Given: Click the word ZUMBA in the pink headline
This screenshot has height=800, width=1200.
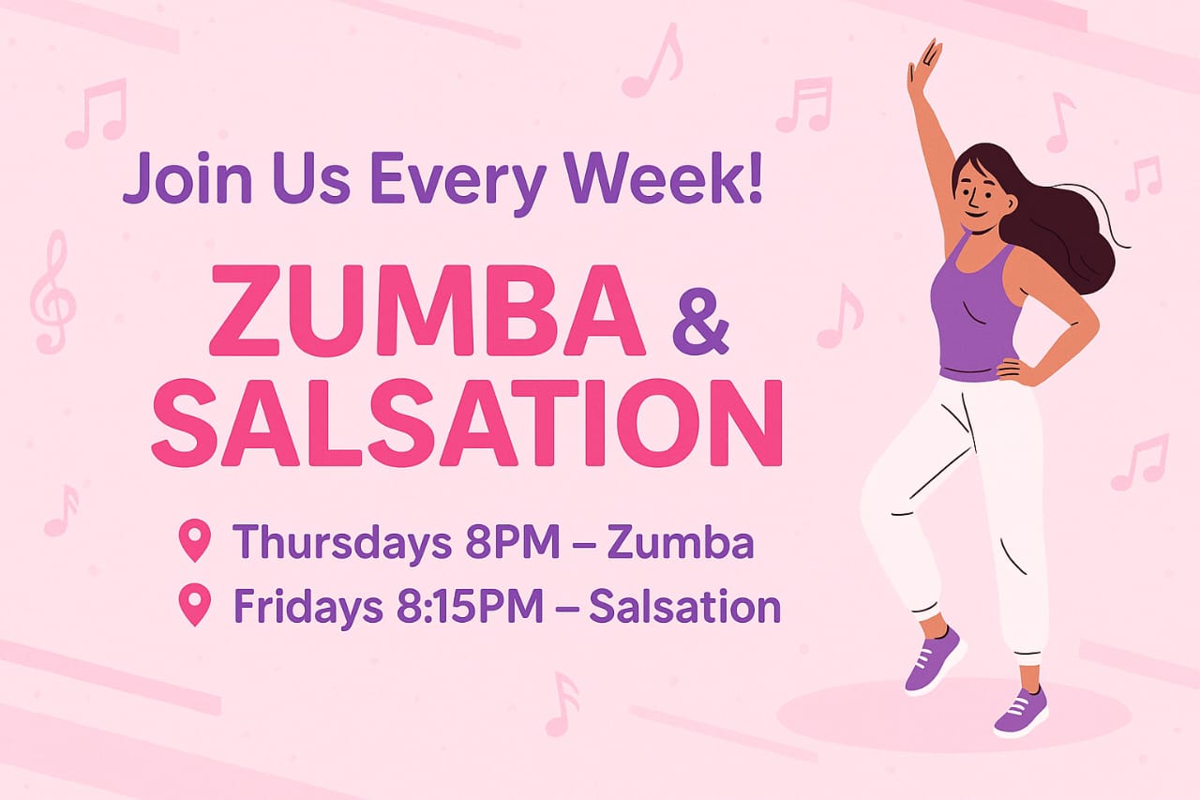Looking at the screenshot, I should point(427,310).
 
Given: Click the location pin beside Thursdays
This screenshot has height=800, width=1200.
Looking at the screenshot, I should point(195,542).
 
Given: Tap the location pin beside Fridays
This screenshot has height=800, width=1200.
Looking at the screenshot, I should point(195,604).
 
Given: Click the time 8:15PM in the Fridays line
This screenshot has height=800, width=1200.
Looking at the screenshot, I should point(466,606).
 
